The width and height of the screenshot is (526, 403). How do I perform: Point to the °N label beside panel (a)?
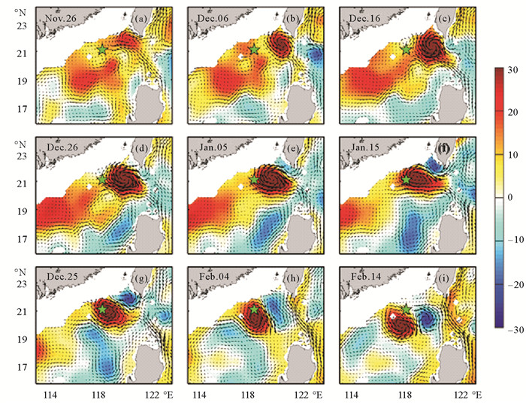[23, 11]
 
